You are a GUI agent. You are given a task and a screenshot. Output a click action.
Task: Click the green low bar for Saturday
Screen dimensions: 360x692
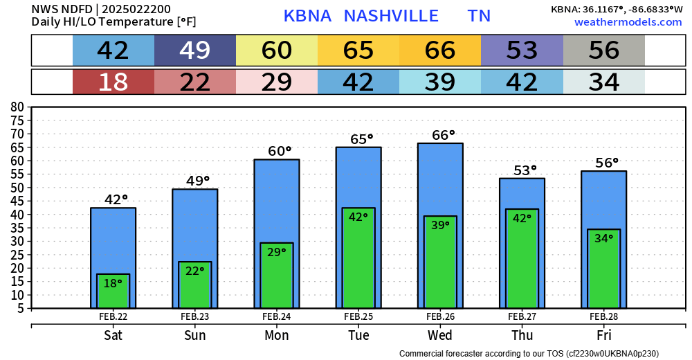[113, 291]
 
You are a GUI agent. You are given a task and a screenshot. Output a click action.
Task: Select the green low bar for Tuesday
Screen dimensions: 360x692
[358, 258]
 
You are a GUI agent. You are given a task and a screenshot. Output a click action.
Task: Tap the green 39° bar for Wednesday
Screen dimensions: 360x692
[439, 262]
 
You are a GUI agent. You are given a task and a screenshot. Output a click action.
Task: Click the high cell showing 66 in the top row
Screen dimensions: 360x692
[440, 51]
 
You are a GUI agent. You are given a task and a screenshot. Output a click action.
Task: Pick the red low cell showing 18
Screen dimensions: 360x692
[113, 82]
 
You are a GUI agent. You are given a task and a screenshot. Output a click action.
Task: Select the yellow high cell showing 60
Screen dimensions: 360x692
[277, 51]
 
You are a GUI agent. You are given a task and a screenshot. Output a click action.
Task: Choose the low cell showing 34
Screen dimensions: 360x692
[603, 82]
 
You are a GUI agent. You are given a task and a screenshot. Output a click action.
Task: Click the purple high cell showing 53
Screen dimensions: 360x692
[522, 51]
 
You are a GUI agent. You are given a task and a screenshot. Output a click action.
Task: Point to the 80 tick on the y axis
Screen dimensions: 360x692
[18, 107]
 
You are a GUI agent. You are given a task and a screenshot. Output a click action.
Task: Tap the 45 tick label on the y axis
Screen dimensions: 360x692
[18, 201]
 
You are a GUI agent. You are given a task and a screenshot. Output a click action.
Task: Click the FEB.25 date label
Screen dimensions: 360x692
[358, 316]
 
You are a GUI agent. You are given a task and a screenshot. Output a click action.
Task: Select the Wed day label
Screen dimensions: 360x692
[440, 335]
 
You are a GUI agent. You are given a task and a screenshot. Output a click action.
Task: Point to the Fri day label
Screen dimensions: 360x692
[603, 335]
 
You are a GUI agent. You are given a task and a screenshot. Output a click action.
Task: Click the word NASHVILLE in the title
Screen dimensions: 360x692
[391, 16]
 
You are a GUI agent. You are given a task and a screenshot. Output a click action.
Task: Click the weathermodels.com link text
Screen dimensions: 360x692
[628, 22]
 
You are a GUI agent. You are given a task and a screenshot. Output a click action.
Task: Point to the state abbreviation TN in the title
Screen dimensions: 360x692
[479, 16]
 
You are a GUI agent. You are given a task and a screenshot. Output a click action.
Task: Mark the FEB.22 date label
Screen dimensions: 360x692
[113, 316]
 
